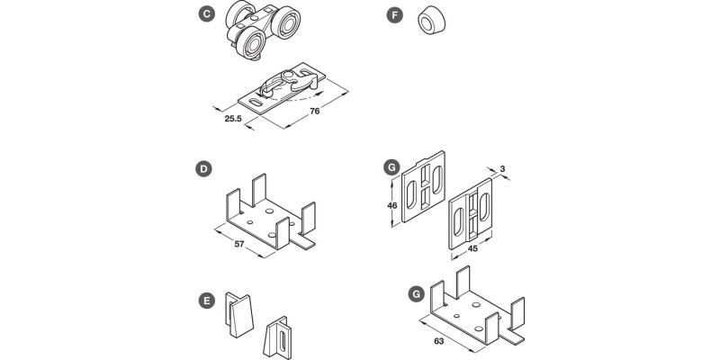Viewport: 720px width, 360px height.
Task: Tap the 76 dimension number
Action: coord(315,112)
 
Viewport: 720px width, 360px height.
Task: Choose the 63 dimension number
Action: coord(437,341)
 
